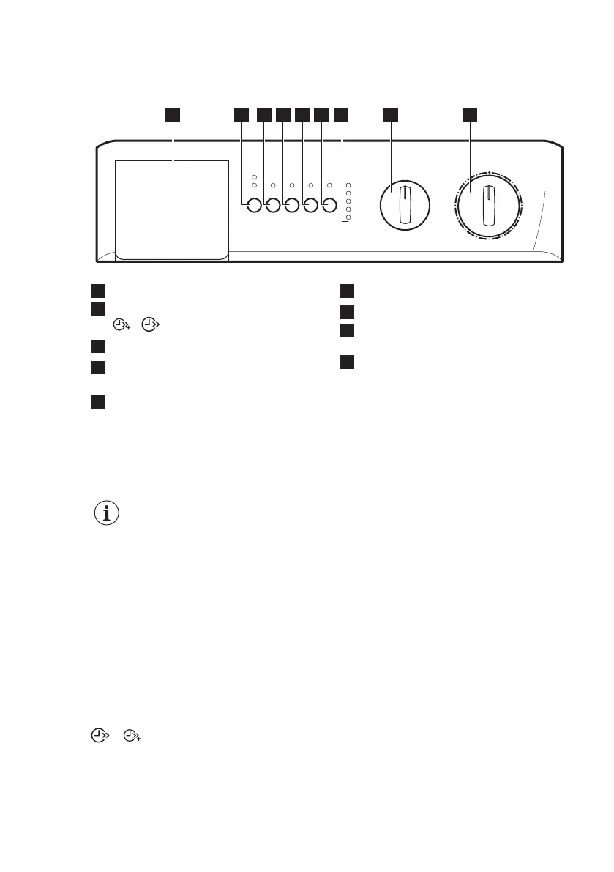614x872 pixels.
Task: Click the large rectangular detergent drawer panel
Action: pyautogui.click(x=171, y=209)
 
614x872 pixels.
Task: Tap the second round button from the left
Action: pyautogui.click(x=272, y=206)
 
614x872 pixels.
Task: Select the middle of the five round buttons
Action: pyautogui.click(x=291, y=206)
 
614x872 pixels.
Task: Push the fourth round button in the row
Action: pyautogui.click(x=310, y=206)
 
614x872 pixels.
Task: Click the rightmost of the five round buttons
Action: pyautogui.click(x=329, y=206)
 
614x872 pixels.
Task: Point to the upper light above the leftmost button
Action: pyautogui.click(x=254, y=177)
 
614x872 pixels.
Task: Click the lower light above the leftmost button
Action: pyautogui.click(x=254, y=186)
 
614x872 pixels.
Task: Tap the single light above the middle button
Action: pyautogui.click(x=291, y=185)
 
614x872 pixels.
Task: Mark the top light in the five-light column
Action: pyautogui.click(x=348, y=185)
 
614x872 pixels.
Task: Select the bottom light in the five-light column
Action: pyautogui.click(x=348, y=217)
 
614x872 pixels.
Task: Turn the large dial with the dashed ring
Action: pyautogui.click(x=488, y=206)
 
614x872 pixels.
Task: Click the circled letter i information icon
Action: pyautogui.click(x=108, y=513)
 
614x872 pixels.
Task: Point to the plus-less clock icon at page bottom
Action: pyautogui.click(x=97, y=736)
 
